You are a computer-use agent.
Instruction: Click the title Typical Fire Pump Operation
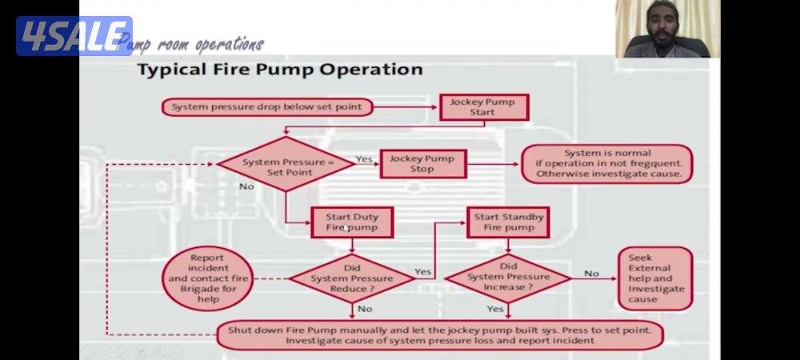pos(280,70)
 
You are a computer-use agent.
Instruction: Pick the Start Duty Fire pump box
pos(352,222)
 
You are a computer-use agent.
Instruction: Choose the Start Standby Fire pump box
pos(508,222)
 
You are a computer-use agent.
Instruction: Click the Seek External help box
pos(654,278)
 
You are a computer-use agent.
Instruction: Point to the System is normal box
pos(607,163)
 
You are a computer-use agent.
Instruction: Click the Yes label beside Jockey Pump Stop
pos(364,159)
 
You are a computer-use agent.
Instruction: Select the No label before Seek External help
pos(591,274)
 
